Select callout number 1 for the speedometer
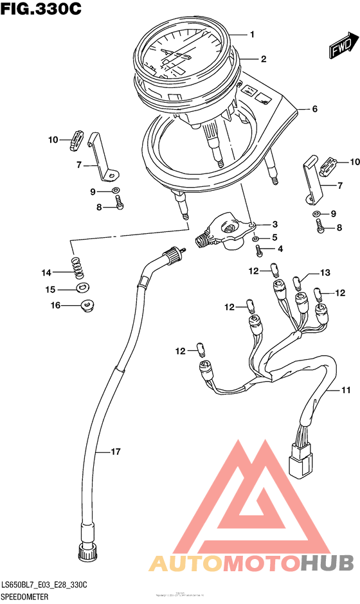coord(253,34)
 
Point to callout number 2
coord(263,58)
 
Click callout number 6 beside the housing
coord(314,109)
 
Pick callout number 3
coord(274,224)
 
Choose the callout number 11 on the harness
coord(346,390)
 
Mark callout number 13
coord(325,273)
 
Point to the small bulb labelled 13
coord(298,281)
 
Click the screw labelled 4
coord(259,249)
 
